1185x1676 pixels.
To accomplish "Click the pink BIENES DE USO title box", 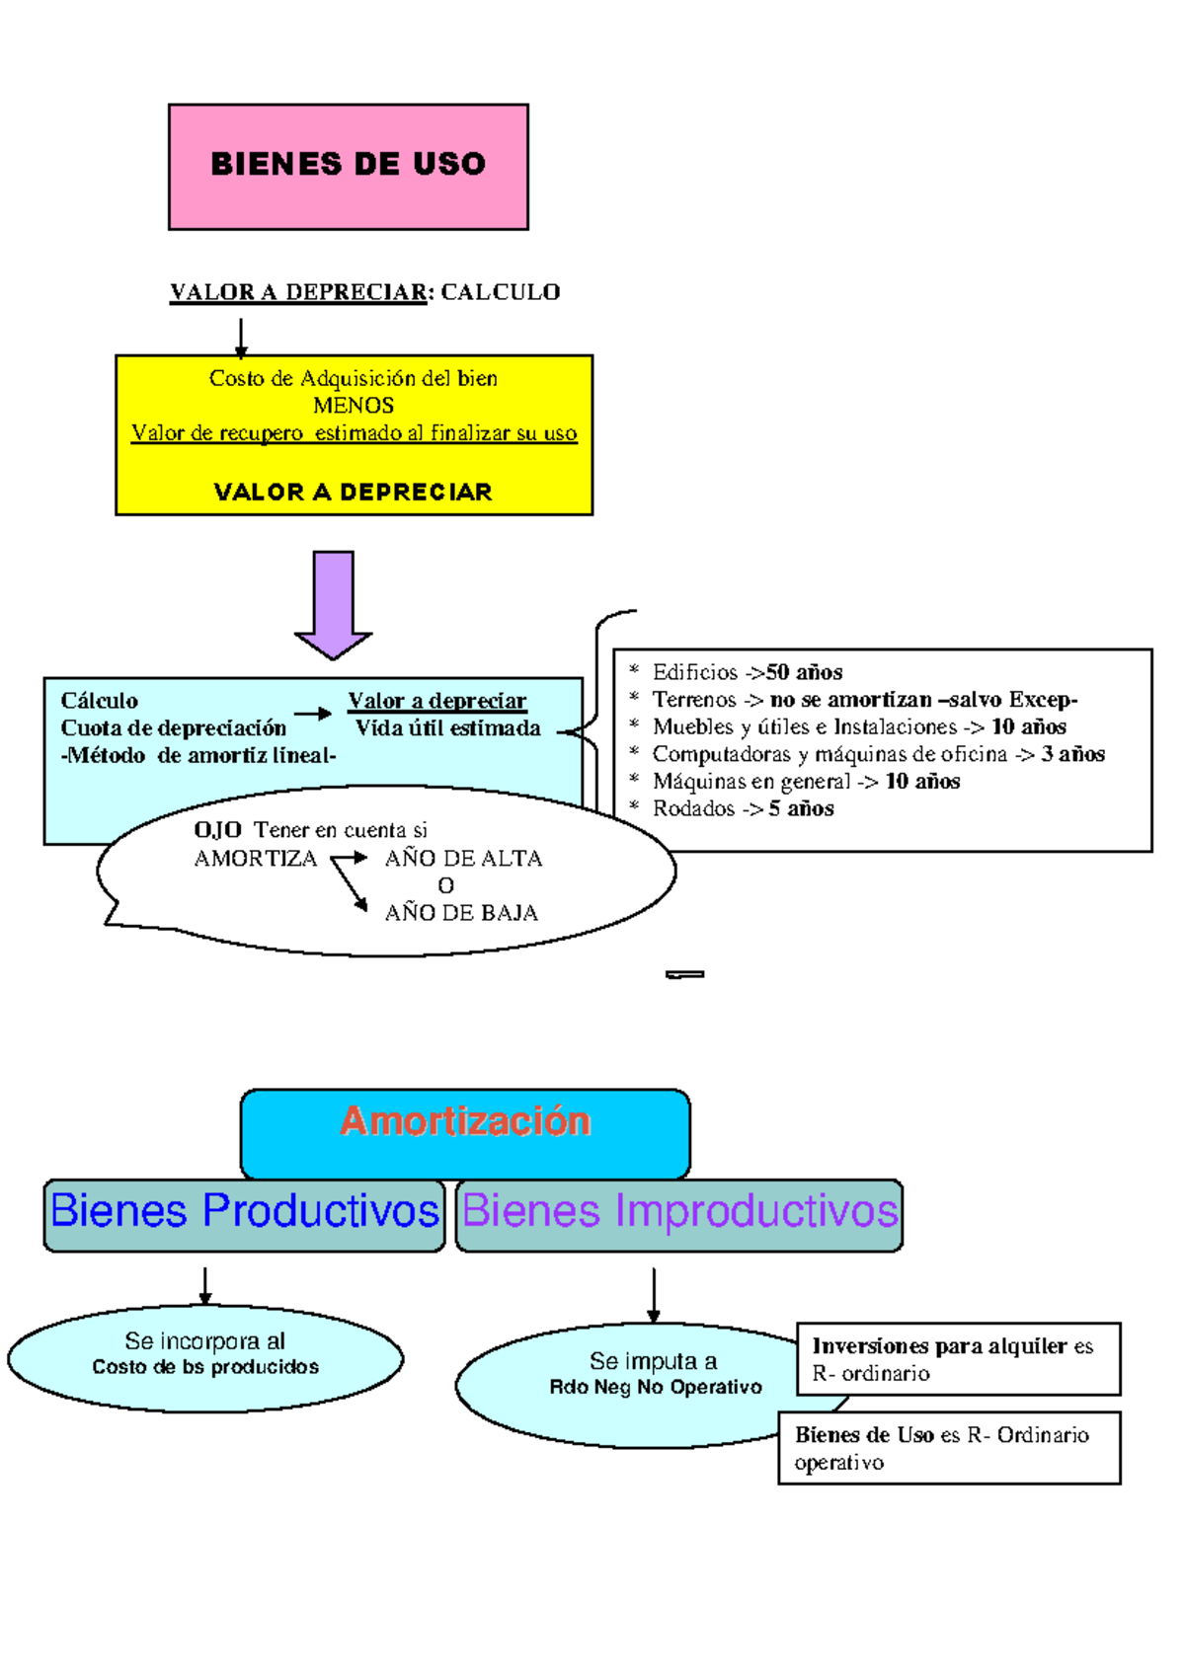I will click(x=348, y=166).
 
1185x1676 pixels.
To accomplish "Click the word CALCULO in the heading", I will click(x=500, y=292).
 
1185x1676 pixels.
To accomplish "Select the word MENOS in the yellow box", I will click(x=354, y=406).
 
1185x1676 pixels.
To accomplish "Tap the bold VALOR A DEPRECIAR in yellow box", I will click(x=353, y=492).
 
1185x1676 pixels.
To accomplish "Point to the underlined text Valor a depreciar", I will click(x=436, y=701).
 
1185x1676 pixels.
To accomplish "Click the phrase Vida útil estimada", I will click(x=447, y=728).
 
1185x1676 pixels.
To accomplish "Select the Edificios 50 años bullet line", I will click(x=747, y=672).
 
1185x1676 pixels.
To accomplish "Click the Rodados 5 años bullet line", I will click(x=743, y=808).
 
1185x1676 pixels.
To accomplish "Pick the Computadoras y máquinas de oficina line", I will click(x=877, y=754).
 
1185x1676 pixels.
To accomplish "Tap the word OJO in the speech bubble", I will click(x=217, y=830).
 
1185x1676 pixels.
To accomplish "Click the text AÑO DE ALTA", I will click(x=463, y=859).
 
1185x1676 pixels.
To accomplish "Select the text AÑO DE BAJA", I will click(x=461, y=913).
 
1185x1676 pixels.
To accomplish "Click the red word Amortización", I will click(x=465, y=1121).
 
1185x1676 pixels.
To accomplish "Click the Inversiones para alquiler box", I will click(x=958, y=1359).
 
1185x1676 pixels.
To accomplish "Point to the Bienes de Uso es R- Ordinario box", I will click(x=948, y=1448).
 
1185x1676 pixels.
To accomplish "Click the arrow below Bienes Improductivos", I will click(x=653, y=1296).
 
